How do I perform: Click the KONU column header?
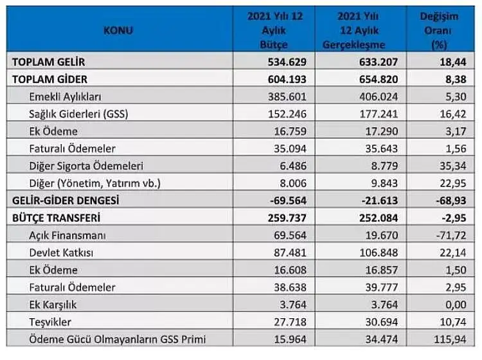(118, 30)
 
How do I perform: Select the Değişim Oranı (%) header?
(439, 30)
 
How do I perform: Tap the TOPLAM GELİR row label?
(49, 62)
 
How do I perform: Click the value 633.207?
(379, 62)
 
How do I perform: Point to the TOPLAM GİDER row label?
(49, 79)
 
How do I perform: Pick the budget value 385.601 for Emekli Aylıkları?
(287, 97)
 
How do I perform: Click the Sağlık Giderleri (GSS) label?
(78, 114)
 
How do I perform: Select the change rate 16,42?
(453, 114)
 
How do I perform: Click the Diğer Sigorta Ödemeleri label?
(86, 166)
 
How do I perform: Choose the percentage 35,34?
(453, 166)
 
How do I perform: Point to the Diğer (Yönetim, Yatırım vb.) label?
(95, 183)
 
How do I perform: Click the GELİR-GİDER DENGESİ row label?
(66, 201)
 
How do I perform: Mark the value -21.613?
(380, 201)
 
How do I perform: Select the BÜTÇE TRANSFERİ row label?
(57, 218)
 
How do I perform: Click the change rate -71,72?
(451, 235)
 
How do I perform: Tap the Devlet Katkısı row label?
(61, 253)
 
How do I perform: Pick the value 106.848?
(379, 253)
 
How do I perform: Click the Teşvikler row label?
(50, 322)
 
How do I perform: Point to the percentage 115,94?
(450, 339)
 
